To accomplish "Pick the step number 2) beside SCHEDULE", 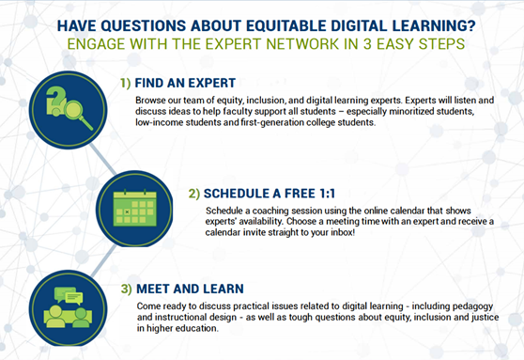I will pos(194,194).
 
